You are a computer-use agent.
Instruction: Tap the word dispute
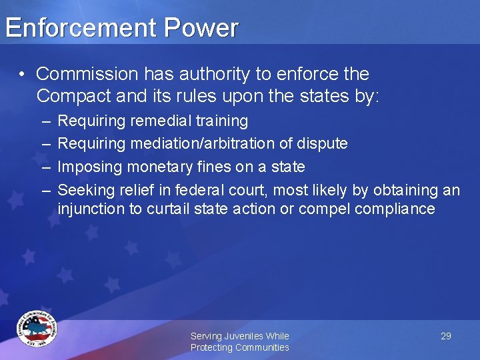coord(323,144)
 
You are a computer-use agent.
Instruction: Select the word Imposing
coord(88,167)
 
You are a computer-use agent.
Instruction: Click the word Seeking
coord(84,191)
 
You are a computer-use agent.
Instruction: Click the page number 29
coord(446,336)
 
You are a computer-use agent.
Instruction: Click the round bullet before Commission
coord(23,74)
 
